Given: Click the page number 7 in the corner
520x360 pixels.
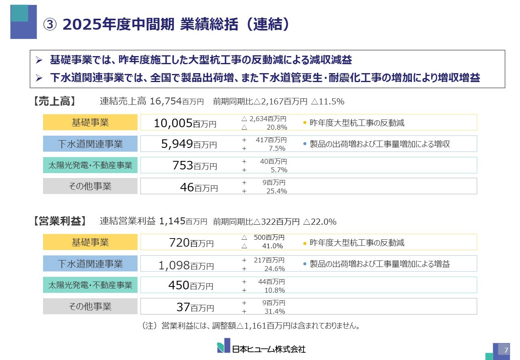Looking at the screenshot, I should [506, 350].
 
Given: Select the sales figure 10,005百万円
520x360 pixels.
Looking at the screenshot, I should [185, 123].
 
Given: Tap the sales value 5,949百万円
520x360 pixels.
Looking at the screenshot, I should [189, 144].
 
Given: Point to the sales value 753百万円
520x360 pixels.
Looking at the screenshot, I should [195, 165].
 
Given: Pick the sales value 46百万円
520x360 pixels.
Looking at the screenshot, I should [199, 187].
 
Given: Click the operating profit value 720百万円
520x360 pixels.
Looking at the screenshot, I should [191, 243].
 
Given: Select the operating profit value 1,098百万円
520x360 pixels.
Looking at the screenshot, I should [186, 265].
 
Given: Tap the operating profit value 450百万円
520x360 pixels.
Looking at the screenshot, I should [191, 285].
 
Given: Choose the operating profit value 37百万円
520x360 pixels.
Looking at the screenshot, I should [195, 307].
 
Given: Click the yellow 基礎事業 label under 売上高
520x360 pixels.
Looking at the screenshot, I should [90, 122].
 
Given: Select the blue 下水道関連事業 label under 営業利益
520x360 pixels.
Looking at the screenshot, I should [90, 264].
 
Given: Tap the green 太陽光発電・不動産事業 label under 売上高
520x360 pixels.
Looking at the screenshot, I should [90, 165].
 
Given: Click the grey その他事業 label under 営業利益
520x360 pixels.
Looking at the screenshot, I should [90, 306].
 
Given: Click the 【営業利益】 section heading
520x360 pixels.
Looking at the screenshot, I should [59, 221].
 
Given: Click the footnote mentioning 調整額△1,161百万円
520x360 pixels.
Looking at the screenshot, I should [251, 326].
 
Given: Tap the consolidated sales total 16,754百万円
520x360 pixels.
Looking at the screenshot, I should [177, 101].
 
